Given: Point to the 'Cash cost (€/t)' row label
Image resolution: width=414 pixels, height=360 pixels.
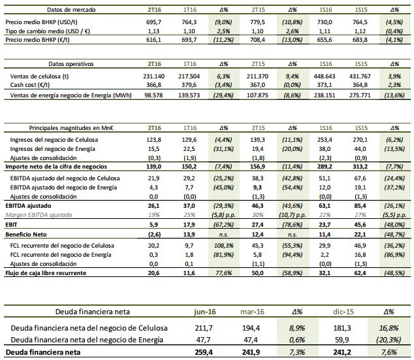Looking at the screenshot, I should click(x=33, y=85).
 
